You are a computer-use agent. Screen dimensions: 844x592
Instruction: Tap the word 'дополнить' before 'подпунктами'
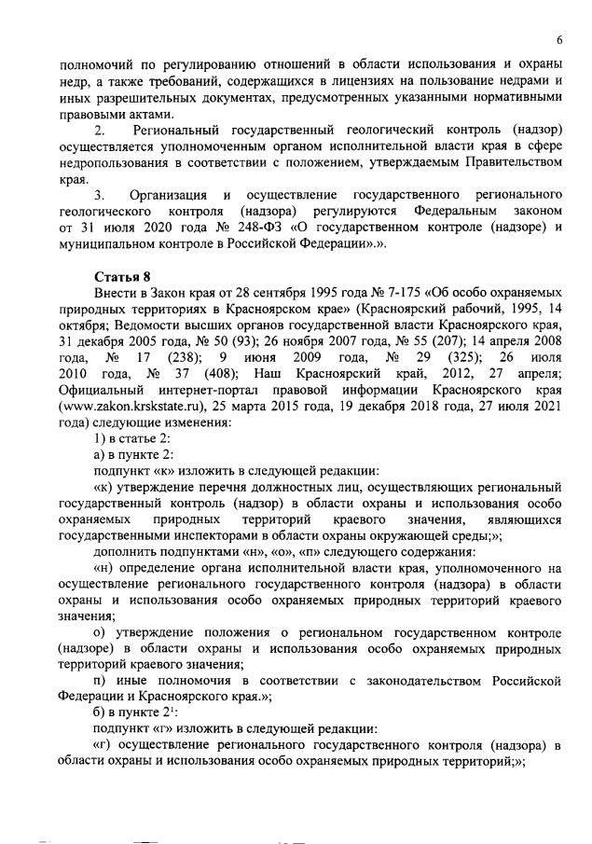[x=123, y=550]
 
